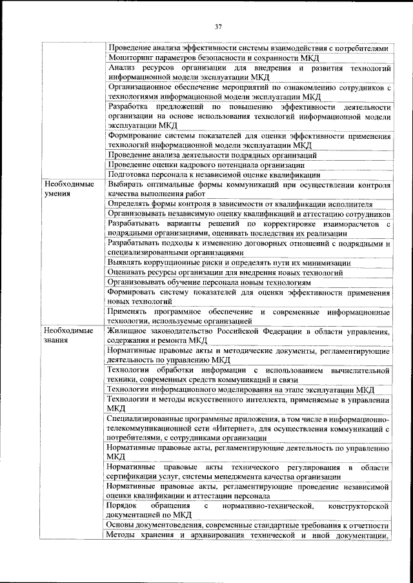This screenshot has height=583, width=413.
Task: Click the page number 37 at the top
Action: pos(217,26)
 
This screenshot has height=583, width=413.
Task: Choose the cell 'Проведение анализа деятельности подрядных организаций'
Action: pos(212,155)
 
